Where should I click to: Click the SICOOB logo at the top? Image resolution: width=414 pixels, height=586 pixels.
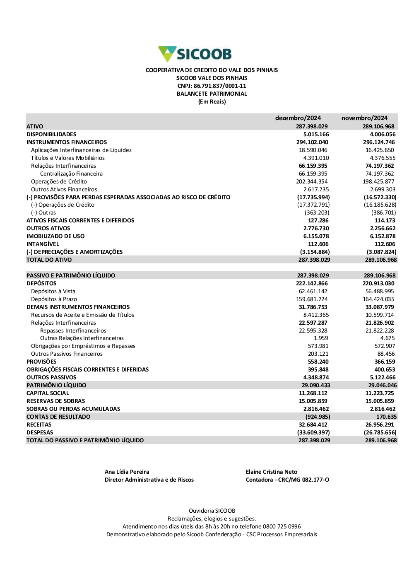pos(195,54)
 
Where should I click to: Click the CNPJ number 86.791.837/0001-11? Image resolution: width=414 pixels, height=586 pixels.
pos(220,86)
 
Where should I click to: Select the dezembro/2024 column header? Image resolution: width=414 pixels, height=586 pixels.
pos(298,118)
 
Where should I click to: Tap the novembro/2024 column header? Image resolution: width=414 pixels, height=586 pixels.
pos(364,118)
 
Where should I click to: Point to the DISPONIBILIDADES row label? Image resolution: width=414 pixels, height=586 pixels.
pos(51,134)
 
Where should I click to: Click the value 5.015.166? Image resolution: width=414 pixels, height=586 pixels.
pos(316,134)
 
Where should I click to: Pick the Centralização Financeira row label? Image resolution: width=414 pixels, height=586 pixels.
pos(71,174)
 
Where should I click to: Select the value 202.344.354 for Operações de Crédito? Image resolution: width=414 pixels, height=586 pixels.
pos(312,181)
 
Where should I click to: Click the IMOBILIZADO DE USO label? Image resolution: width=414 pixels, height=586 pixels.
pos(55,236)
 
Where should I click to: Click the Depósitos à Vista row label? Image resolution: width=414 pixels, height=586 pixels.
pos(53,291)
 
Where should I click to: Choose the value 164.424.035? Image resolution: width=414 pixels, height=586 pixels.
pos(378,299)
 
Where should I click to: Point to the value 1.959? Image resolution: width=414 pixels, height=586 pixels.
pos(321,338)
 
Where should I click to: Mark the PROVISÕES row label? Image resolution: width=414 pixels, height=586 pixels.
pos(41,362)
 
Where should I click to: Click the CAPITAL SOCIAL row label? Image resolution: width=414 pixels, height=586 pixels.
pos(48,393)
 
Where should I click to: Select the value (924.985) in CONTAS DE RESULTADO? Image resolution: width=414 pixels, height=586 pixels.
pos(318,417)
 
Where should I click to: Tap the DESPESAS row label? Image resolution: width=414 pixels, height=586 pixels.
pos(40,432)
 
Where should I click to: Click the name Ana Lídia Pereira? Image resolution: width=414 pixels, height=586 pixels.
pos(127,472)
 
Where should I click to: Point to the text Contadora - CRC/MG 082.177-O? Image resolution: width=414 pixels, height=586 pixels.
pos(287,480)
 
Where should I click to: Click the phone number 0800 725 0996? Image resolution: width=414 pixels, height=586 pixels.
pos(282,526)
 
